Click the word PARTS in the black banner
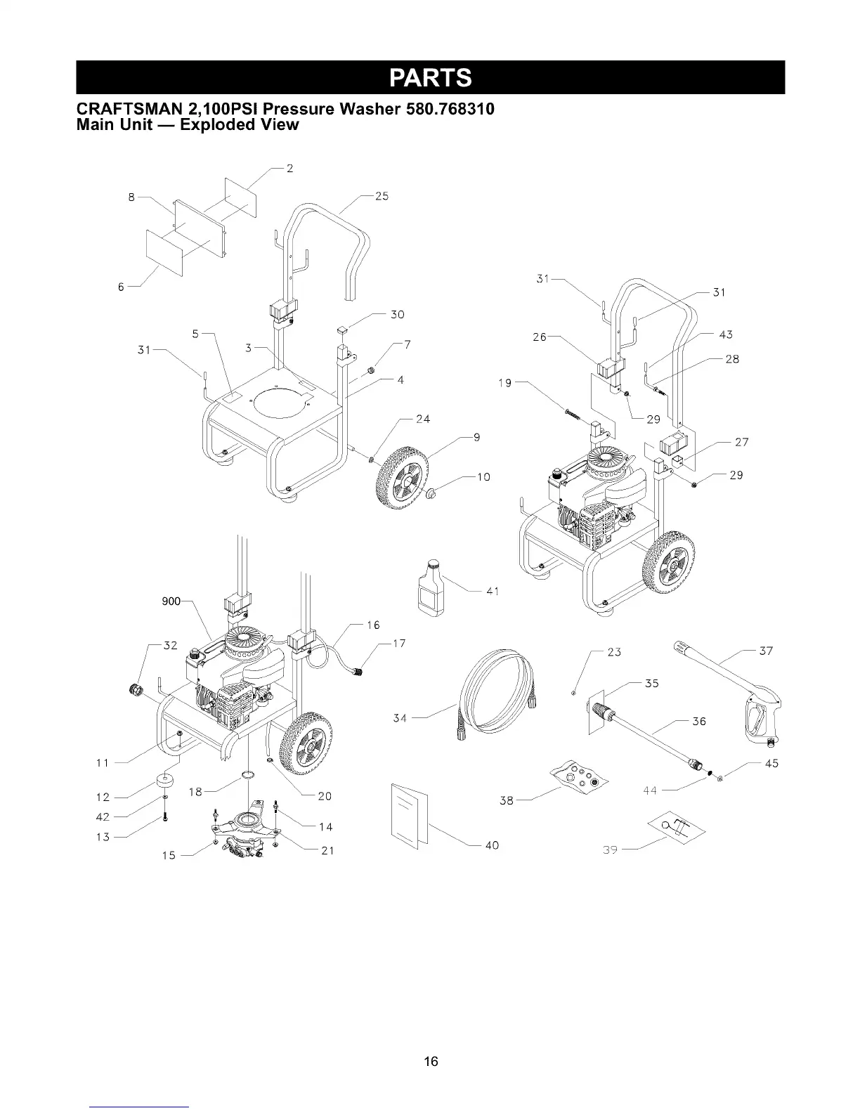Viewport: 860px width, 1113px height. point(431,77)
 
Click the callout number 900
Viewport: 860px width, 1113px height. point(171,601)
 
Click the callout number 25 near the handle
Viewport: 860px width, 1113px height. point(382,196)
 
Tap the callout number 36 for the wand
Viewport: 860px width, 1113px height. point(698,722)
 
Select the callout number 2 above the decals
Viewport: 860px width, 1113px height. point(289,168)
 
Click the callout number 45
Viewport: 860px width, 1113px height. point(771,763)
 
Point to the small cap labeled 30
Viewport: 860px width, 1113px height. point(343,330)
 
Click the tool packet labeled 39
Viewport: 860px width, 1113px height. point(679,830)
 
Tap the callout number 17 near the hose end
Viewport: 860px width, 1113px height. point(398,644)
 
